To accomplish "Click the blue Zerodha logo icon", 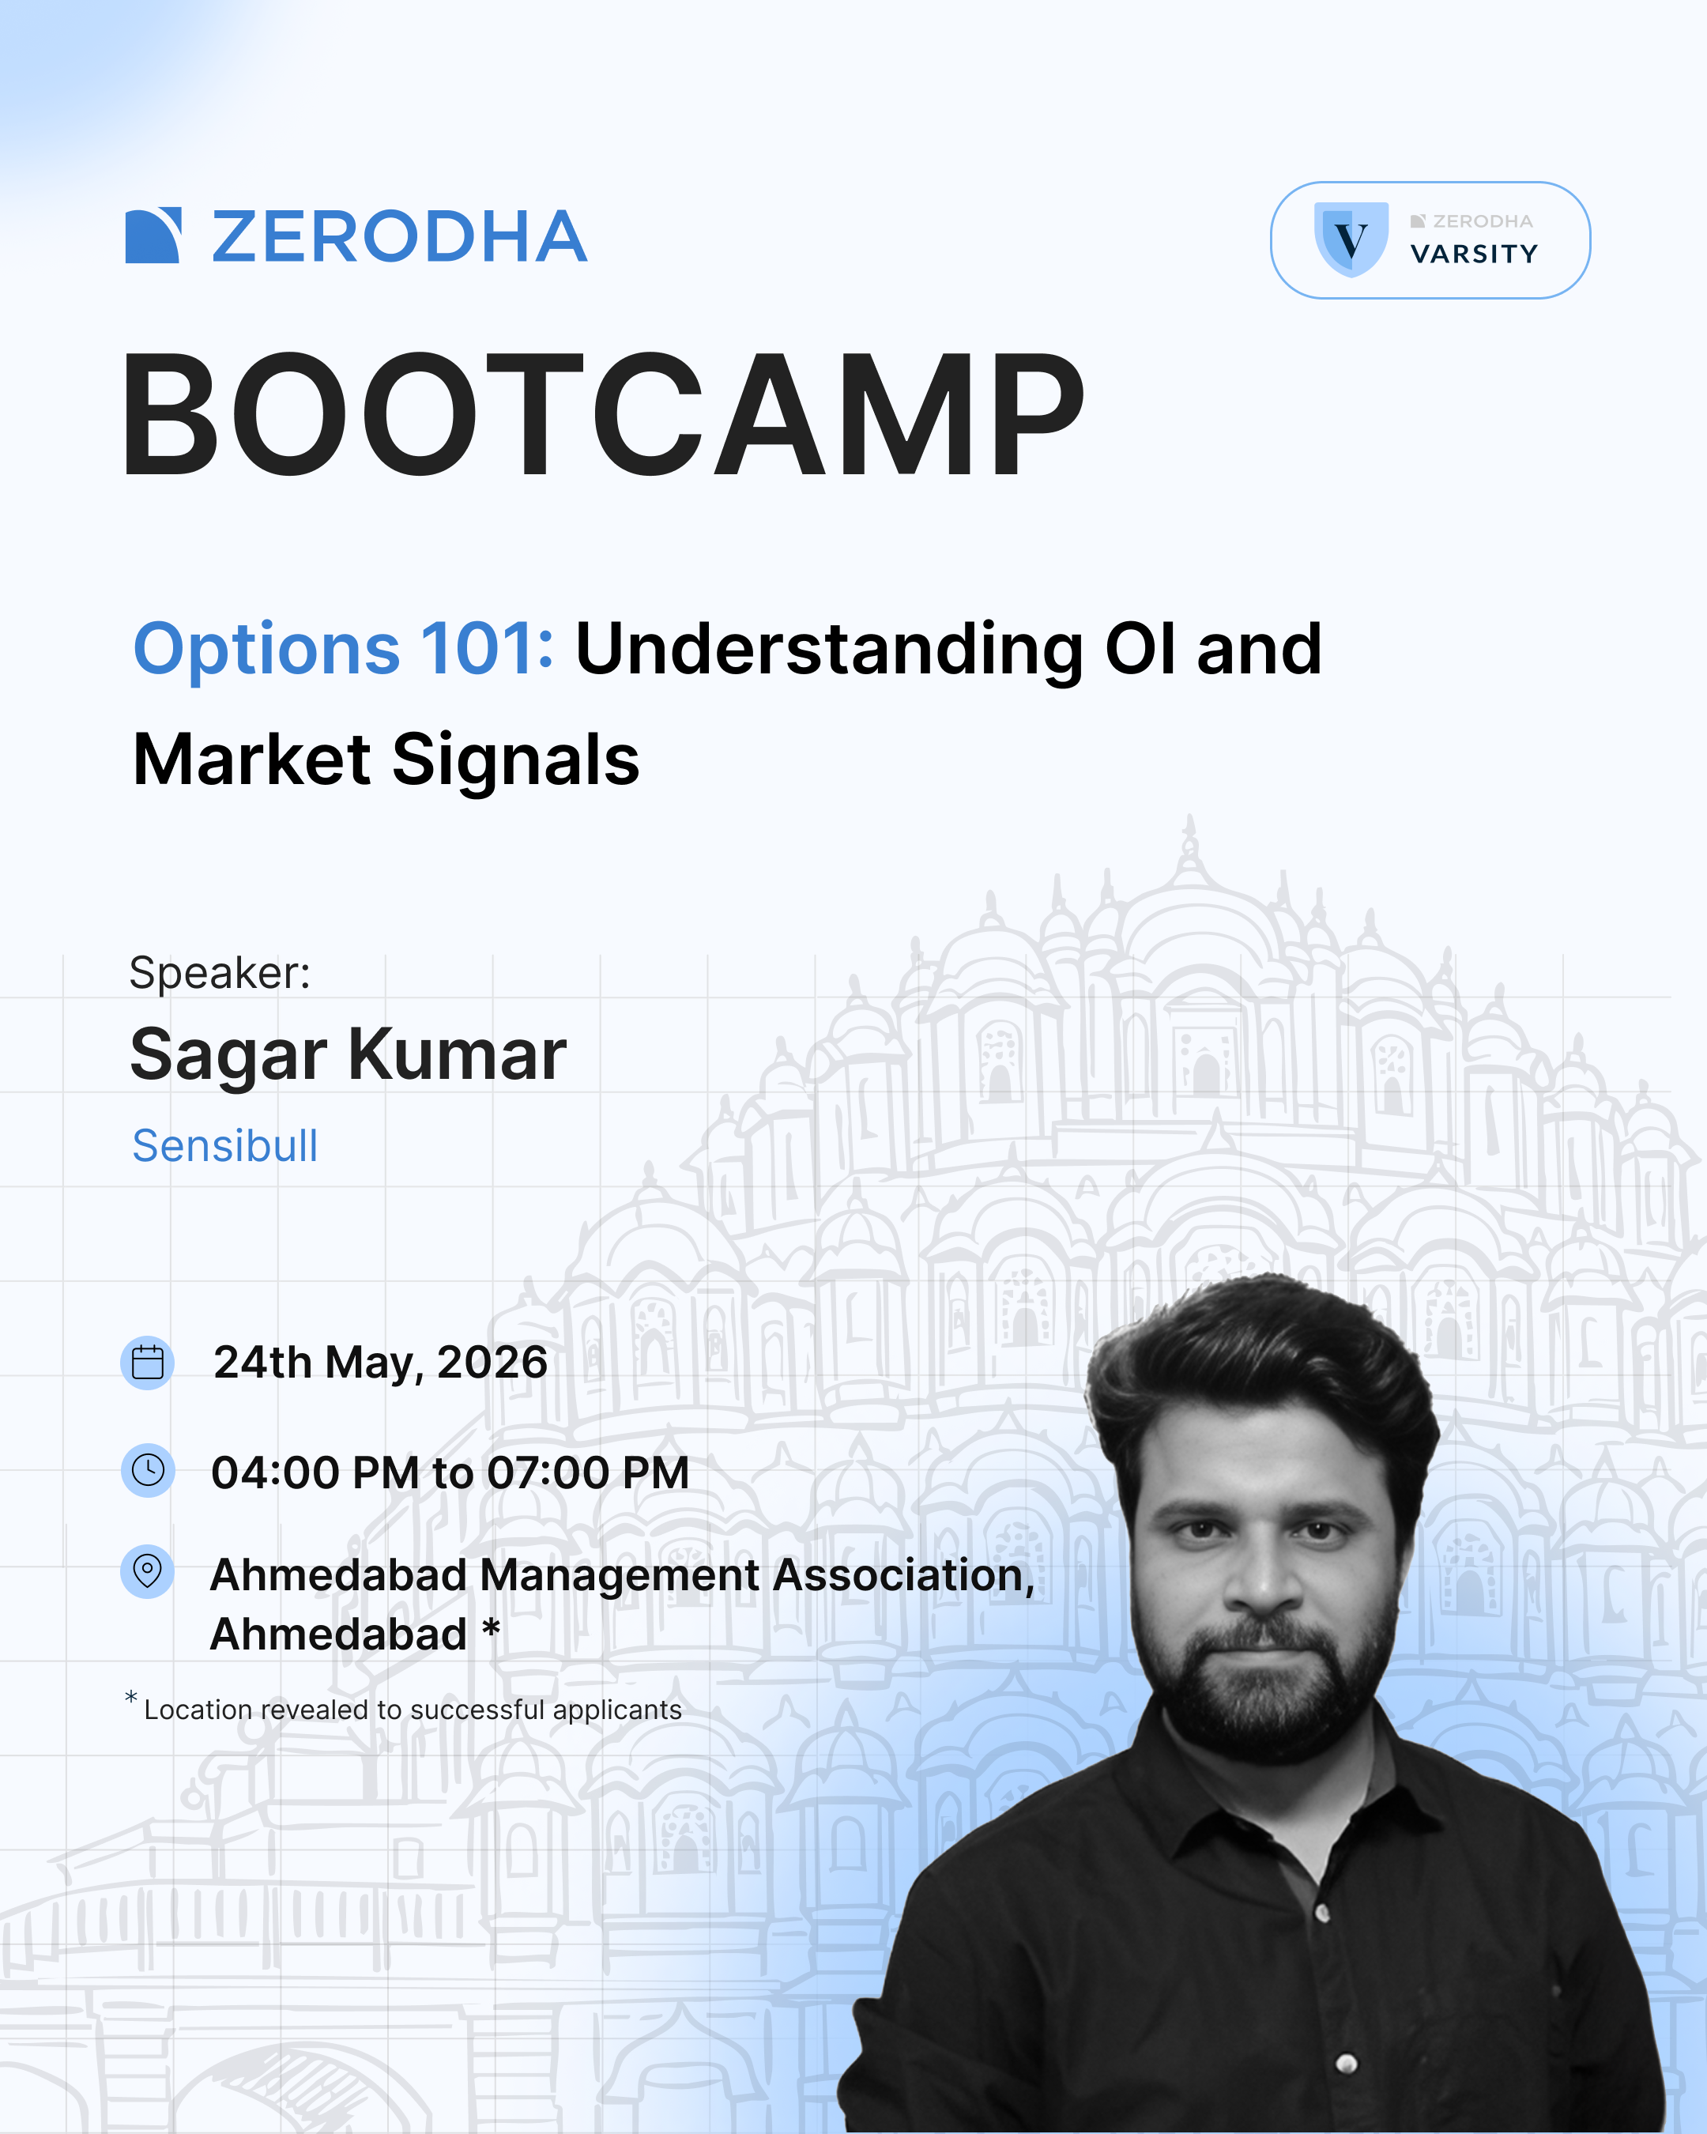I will (153, 236).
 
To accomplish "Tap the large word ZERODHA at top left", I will (400, 238).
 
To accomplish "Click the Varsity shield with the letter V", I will (1351, 239).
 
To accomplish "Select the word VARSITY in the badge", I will (1473, 254).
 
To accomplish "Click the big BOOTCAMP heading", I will (603, 416).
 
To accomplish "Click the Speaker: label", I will (220, 973).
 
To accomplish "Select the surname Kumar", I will (458, 1055).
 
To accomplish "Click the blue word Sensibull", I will (224, 1146).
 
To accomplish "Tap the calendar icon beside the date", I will (148, 1363).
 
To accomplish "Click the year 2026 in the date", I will (492, 1363).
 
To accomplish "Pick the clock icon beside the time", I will (148, 1470).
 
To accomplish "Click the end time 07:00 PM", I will (588, 1472).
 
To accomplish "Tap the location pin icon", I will (148, 1570).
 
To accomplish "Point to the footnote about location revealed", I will (412, 1710).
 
